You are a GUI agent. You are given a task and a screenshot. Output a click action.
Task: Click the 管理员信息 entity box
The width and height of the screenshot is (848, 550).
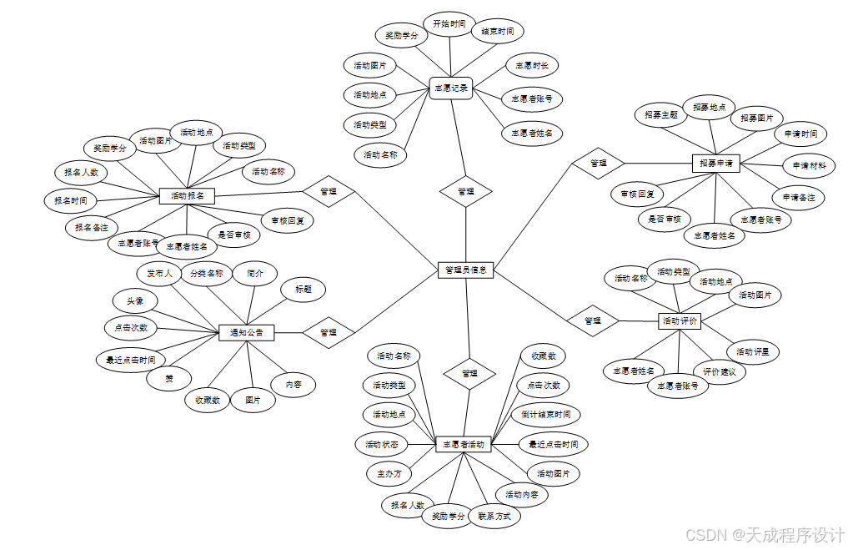466,270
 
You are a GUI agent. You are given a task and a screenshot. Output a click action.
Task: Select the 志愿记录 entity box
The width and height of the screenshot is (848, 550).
451,88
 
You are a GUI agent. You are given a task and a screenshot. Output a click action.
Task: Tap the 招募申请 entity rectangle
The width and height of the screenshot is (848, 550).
716,164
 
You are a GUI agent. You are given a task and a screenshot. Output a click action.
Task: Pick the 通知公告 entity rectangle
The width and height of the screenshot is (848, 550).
246,332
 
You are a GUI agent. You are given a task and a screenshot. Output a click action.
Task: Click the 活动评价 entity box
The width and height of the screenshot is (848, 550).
680,320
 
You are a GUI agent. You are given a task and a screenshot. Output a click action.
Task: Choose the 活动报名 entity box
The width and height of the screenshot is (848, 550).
188,195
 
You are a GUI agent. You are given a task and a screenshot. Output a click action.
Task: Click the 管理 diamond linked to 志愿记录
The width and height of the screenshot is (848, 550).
466,191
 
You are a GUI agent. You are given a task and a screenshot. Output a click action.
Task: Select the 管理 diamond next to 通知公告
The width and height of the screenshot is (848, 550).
328,332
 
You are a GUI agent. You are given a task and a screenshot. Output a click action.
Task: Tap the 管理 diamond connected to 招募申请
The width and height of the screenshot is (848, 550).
598,163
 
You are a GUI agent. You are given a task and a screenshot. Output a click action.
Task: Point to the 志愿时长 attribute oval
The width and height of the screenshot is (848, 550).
531,65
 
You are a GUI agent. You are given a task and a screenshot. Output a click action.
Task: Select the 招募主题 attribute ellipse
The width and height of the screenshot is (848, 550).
661,115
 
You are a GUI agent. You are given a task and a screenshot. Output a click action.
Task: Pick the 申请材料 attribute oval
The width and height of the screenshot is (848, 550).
810,165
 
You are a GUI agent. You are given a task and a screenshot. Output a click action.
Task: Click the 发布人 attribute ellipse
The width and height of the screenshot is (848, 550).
159,273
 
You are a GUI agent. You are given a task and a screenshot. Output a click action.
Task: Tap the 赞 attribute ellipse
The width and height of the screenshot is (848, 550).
169,379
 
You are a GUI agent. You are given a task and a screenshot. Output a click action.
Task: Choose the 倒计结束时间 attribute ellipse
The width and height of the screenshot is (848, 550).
546,414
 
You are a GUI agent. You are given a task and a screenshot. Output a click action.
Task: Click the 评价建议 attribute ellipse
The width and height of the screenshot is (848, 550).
719,371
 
